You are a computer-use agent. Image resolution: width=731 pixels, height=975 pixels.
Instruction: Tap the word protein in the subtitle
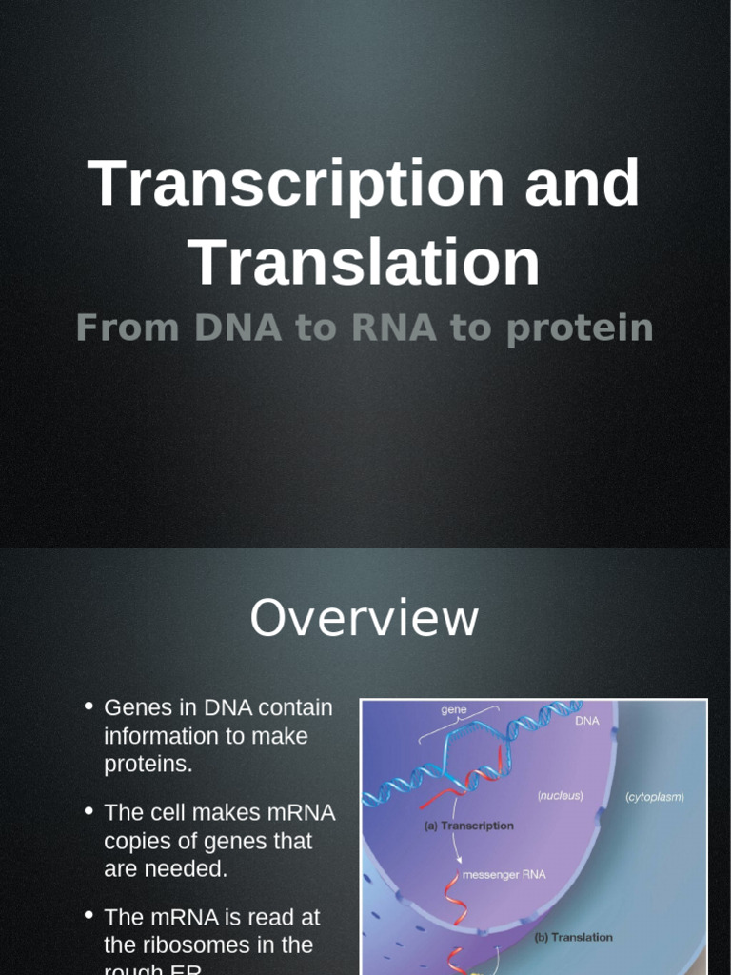(580, 328)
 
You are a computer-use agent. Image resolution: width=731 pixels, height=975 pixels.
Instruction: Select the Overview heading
(364, 618)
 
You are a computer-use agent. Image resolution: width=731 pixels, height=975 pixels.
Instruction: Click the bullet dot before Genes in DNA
(89, 706)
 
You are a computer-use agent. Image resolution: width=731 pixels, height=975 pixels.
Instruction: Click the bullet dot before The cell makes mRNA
(89, 811)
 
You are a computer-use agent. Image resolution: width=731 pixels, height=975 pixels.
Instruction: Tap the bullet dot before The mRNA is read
(89, 916)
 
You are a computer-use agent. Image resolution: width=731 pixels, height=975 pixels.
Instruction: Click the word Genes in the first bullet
(133, 708)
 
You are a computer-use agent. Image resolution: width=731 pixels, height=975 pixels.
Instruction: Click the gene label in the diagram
(454, 710)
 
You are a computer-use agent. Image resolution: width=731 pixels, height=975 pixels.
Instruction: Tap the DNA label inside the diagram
(587, 721)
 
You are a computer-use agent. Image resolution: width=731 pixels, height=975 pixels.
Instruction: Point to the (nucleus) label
(560, 795)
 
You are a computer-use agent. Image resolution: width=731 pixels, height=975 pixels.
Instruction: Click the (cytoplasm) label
(654, 797)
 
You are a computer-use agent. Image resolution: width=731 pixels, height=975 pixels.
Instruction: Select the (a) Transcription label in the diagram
(468, 826)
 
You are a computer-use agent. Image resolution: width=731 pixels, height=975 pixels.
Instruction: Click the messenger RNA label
(504, 874)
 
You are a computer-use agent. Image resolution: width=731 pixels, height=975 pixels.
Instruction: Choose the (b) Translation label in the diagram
(573, 937)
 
